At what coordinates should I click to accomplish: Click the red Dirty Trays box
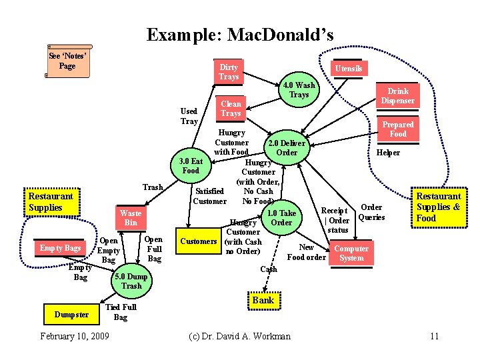(x=229, y=72)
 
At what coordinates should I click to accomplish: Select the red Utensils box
(x=349, y=69)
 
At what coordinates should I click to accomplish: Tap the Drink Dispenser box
(x=398, y=96)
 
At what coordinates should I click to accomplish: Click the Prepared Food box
(x=398, y=129)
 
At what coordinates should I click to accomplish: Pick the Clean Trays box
(x=231, y=109)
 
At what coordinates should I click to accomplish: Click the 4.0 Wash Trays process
(x=298, y=90)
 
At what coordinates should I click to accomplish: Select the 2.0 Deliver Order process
(x=286, y=148)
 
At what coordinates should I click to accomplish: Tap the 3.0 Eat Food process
(x=191, y=166)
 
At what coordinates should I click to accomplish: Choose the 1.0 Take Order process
(x=281, y=218)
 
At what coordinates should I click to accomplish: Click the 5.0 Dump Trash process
(x=131, y=281)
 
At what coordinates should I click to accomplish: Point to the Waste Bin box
(x=131, y=217)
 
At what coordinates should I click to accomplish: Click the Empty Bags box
(x=60, y=249)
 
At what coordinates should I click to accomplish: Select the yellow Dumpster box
(x=71, y=315)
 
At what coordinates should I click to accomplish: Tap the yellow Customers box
(x=199, y=241)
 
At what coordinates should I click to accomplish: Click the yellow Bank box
(x=263, y=300)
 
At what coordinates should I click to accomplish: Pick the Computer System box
(x=351, y=253)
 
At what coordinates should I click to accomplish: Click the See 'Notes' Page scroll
(x=67, y=61)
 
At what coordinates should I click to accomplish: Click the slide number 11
(x=434, y=336)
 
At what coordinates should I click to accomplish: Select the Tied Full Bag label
(x=121, y=312)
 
